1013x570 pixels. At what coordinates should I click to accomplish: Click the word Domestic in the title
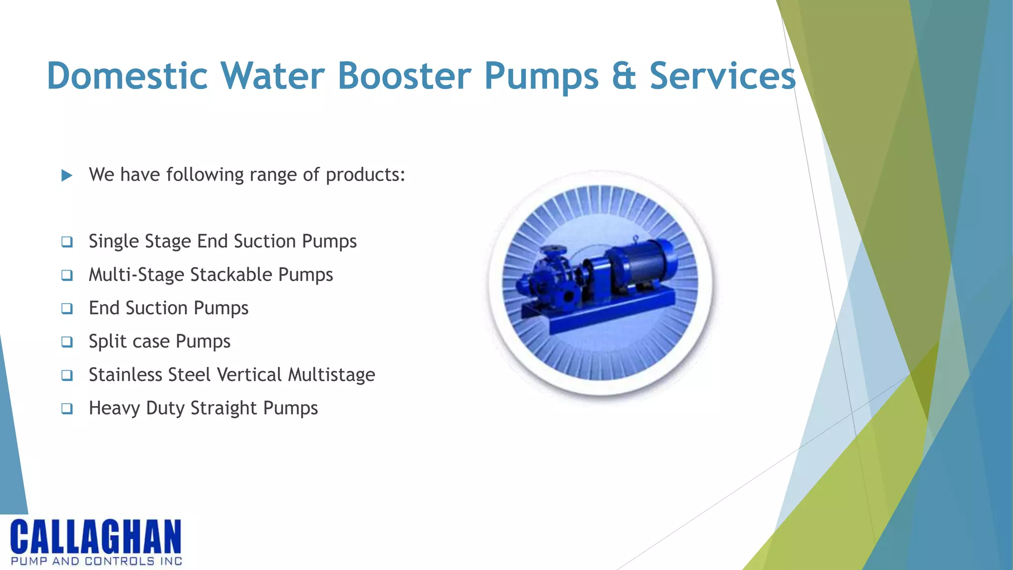tap(127, 76)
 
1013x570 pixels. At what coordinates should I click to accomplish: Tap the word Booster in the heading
tap(405, 76)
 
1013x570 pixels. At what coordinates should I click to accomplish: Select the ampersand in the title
tap(624, 76)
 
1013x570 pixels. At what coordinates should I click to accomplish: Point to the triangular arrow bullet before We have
tap(67, 175)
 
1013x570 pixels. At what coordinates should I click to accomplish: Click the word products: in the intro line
tap(366, 175)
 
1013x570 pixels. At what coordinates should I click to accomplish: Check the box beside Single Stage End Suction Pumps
tap(67, 242)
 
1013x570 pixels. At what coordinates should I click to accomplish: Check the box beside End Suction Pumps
tap(67, 309)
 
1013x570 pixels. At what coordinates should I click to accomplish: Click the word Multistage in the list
tap(331, 375)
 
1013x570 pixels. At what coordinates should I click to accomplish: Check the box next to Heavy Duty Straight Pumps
tap(67, 409)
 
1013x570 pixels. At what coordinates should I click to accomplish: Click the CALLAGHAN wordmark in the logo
tap(96, 537)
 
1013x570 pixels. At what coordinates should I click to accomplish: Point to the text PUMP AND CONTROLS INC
tap(96, 561)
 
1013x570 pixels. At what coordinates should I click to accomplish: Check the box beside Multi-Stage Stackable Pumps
tap(67, 275)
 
